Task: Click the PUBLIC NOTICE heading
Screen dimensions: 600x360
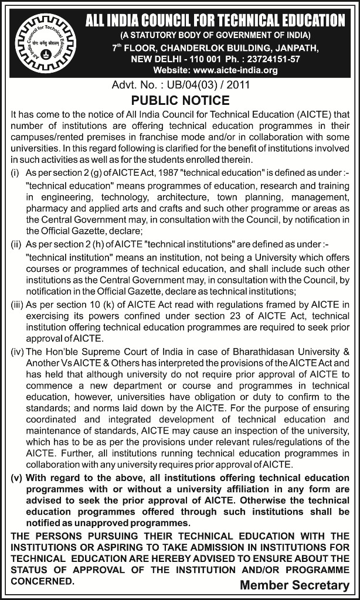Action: [180, 100]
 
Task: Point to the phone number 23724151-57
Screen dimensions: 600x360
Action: [276, 59]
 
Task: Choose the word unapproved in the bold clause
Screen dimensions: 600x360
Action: [106, 522]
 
